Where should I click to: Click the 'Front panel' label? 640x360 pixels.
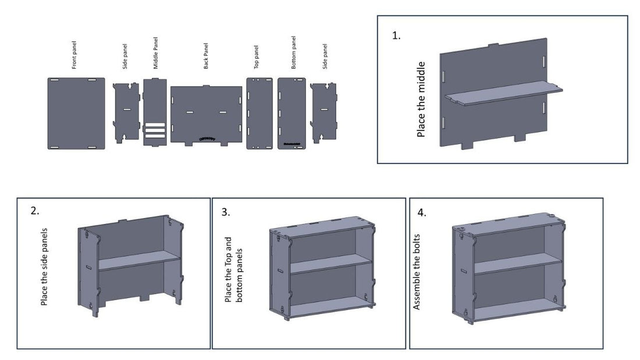coord(74,55)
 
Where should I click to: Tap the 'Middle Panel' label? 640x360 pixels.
coord(155,53)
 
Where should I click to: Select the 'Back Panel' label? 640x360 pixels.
coord(206,56)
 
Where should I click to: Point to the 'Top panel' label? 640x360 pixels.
coord(257,57)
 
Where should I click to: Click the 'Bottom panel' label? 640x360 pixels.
coord(293,52)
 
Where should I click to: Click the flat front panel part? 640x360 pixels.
coord(76,113)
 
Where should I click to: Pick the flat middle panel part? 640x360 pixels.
coord(155,112)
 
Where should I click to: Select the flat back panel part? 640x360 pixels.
coord(206,115)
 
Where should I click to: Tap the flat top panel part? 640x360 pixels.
coord(259,113)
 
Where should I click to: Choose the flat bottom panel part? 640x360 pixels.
coord(292,113)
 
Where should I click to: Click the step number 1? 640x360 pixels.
coord(396,36)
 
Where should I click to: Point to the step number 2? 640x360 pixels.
coord(35,211)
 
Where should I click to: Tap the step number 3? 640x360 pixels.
coord(226,212)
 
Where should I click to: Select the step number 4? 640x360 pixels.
coord(422,213)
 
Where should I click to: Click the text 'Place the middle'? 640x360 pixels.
coord(421,99)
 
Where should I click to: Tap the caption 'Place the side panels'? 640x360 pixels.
coord(44,266)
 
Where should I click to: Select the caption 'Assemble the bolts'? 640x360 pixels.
coord(417,272)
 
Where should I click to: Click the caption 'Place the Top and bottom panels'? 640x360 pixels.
coord(233,269)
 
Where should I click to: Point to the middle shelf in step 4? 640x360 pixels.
coord(515,263)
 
